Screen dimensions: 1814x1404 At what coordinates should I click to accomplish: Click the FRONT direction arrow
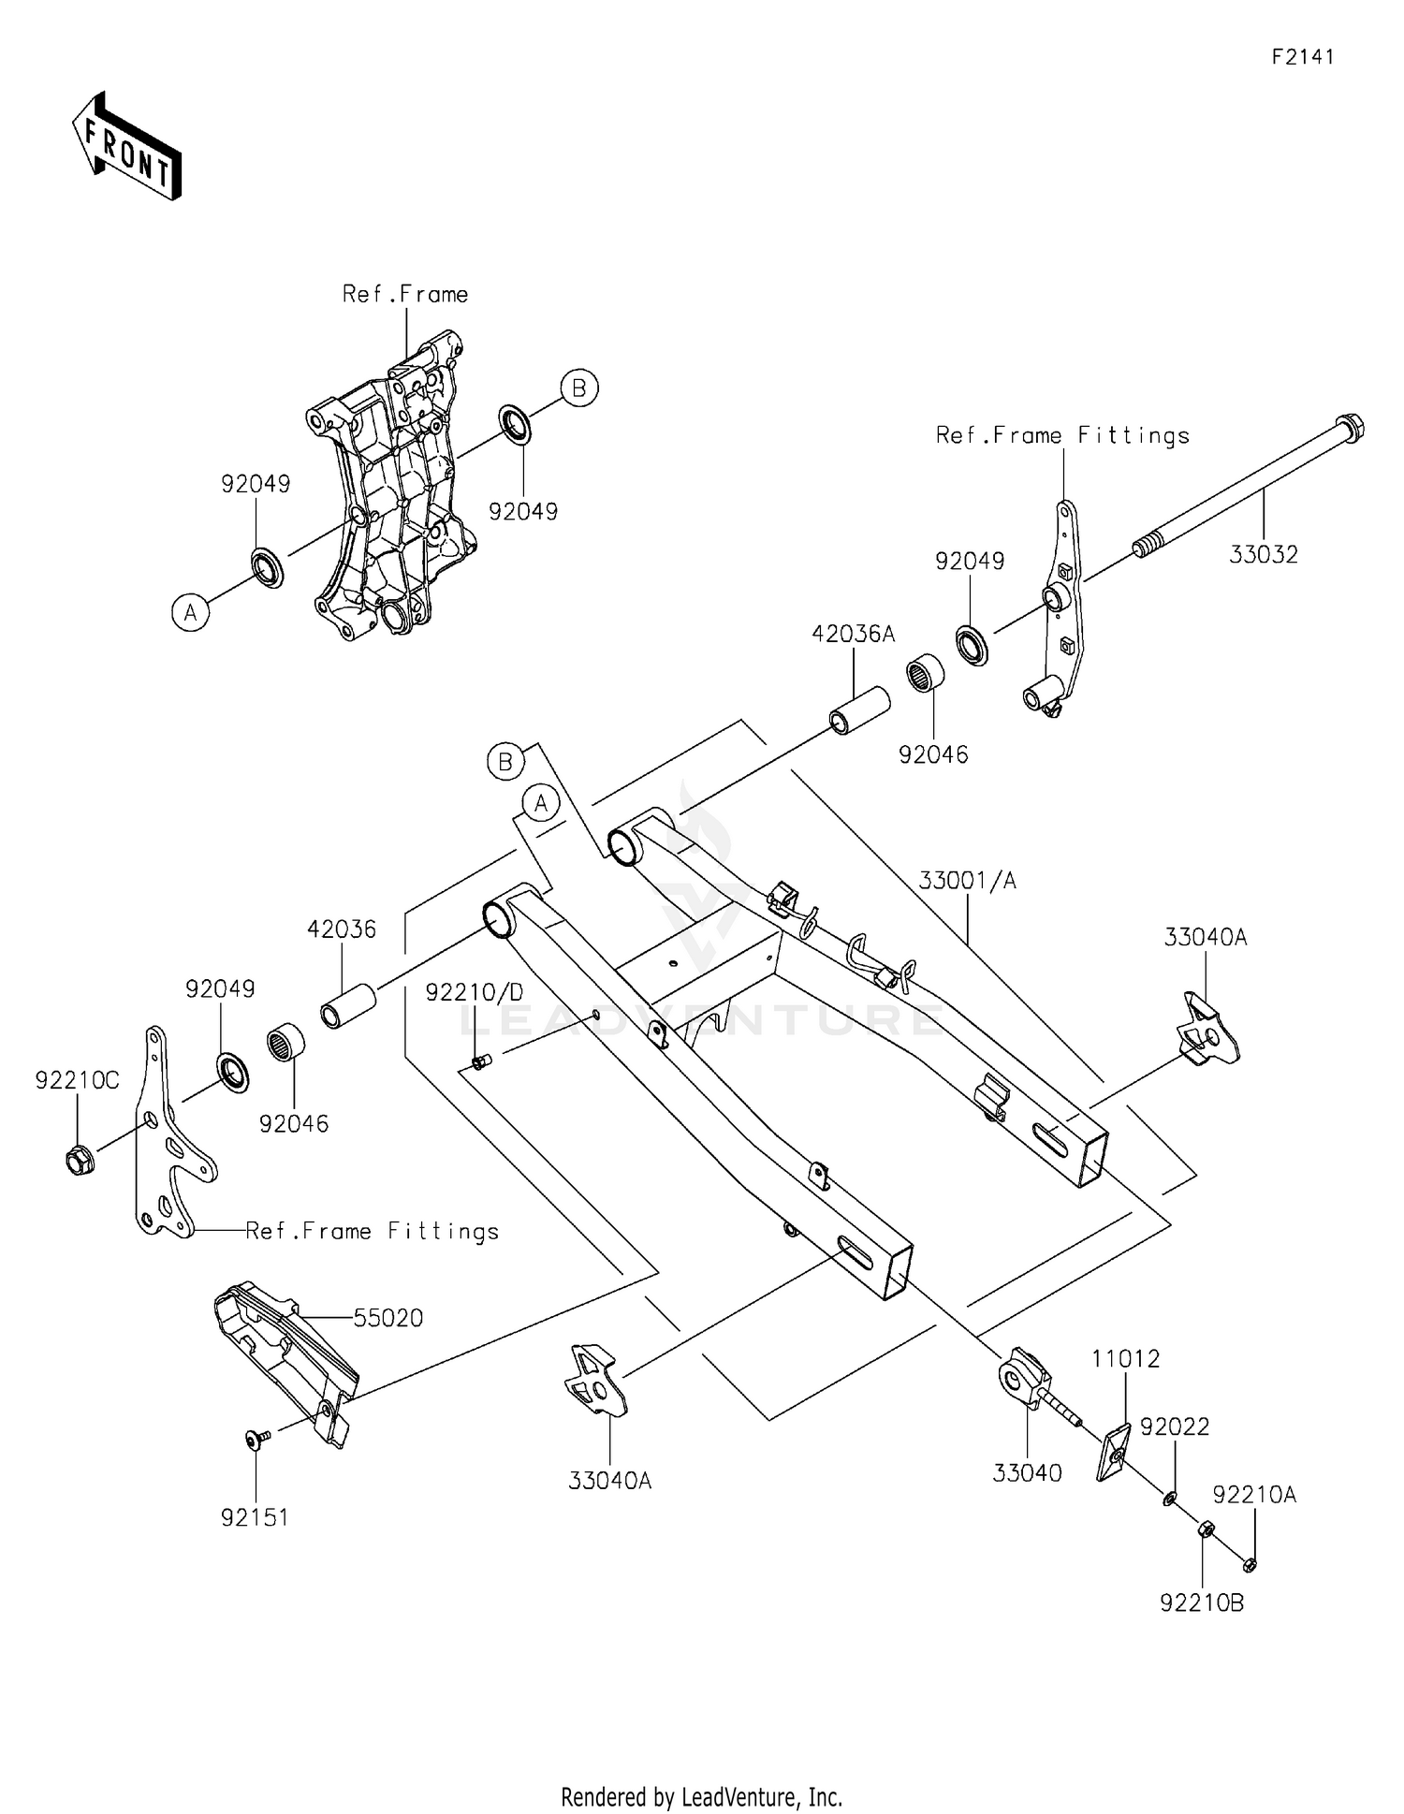click(126, 148)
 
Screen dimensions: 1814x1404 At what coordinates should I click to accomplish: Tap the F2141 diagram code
click(1302, 57)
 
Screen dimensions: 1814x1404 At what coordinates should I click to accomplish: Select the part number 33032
click(1264, 555)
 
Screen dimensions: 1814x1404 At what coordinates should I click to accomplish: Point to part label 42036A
click(853, 635)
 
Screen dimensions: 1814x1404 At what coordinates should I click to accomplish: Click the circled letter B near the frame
click(578, 388)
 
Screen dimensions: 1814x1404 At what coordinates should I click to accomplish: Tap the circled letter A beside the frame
click(191, 613)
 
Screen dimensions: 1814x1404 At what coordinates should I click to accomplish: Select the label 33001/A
click(967, 881)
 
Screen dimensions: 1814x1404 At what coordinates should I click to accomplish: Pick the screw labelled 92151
click(256, 1441)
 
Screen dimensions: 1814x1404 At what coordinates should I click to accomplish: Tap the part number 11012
click(1125, 1358)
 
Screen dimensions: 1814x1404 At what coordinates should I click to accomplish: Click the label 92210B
click(1202, 1603)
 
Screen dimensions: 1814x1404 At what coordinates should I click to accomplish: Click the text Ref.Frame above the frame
click(404, 295)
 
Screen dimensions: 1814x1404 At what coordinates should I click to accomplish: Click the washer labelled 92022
click(1169, 1500)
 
